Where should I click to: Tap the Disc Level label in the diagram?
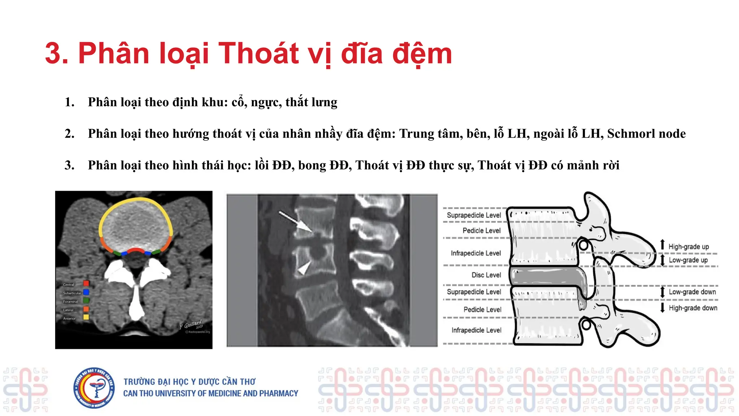(x=486, y=275)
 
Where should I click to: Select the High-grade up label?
(x=688, y=247)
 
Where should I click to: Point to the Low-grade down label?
(x=692, y=292)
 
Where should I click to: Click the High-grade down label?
(x=693, y=308)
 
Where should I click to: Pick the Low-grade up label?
(x=688, y=260)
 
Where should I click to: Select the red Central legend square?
(x=86, y=283)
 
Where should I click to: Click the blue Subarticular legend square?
(x=86, y=292)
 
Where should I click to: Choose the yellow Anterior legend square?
(x=86, y=317)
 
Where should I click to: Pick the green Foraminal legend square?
(x=86, y=300)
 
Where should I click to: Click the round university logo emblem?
(x=94, y=388)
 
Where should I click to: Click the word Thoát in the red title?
(x=258, y=53)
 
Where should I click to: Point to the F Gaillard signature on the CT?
(x=191, y=324)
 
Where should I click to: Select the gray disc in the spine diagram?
(x=545, y=276)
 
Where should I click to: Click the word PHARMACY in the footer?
(x=278, y=393)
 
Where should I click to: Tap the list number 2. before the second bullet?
(x=69, y=134)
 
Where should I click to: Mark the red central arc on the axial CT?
(x=136, y=250)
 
